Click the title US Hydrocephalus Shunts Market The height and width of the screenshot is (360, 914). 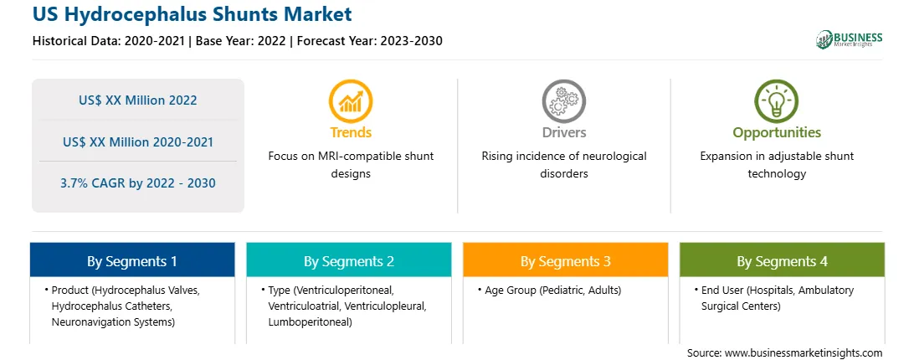(x=192, y=14)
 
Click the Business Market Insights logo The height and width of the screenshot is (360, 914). (x=850, y=39)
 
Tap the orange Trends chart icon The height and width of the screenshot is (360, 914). (x=351, y=101)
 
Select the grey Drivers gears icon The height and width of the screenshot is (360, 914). (x=563, y=101)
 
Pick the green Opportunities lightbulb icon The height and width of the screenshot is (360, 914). (x=777, y=101)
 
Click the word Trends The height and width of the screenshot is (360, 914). (x=351, y=132)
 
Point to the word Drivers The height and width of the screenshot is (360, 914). (x=564, y=132)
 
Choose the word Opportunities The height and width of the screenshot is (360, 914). (x=777, y=133)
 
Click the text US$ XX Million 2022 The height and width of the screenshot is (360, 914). (x=138, y=100)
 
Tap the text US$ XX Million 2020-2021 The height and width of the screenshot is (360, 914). (x=138, y=141)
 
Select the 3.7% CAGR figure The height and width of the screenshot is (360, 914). (x=138, y=183)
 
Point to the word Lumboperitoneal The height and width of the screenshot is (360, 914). (x=310, y=322)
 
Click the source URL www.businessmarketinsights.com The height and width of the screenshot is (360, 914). (x=804, y=353)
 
